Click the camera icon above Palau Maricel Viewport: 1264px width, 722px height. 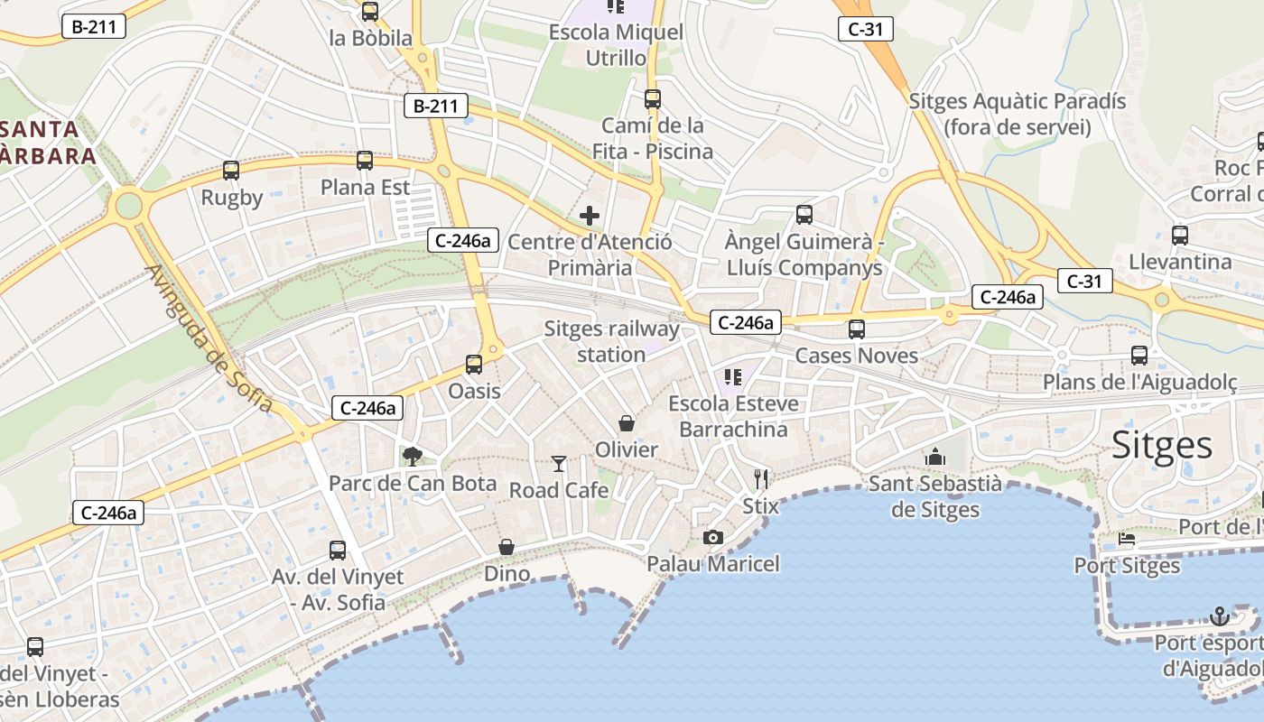pos(712,538)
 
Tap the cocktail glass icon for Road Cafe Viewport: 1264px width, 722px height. pos(559,464)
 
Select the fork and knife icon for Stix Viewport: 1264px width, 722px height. pos(760,479)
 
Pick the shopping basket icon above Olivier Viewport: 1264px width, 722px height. pos(626,423)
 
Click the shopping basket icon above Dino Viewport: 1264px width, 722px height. pos(507,547)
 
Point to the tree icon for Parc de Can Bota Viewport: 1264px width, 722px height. pos(413,457)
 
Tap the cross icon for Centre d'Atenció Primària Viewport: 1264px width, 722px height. pos(590,216)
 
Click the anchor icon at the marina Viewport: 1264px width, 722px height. pos(1220,616)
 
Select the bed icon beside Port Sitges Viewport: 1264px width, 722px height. pos(1127,540)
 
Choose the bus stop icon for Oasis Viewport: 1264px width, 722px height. pos(474,365)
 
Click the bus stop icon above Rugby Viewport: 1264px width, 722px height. pos(231,171)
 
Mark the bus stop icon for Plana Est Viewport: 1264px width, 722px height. pos(365,161)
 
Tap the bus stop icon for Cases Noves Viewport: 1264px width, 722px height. pos(856,329)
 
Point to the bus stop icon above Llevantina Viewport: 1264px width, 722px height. pos(1179,236)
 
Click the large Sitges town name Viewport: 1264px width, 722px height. pos(1162,445)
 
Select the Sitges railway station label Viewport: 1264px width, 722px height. pos(611,341)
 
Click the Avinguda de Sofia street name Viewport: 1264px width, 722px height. pos(209,338)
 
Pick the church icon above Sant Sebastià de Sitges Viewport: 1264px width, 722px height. pos(934,457)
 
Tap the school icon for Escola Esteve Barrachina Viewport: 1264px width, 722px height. pos(732,376)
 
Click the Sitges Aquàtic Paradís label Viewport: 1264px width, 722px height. pos(1018,114)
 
